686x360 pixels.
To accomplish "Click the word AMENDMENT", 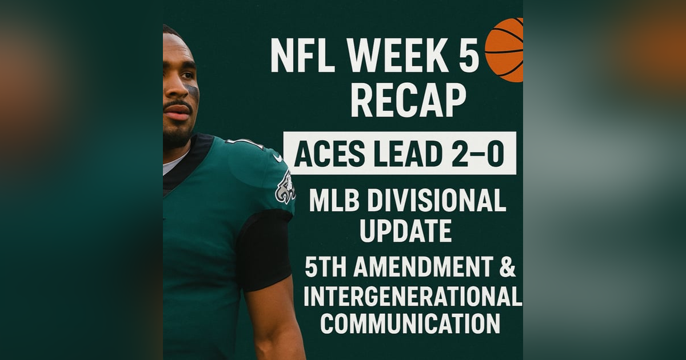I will click(424, 267).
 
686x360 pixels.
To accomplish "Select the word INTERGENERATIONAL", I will click(412, 297).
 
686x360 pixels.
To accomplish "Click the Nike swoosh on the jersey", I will click(277, 157).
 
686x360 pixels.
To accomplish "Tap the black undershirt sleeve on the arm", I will click(265, 249).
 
